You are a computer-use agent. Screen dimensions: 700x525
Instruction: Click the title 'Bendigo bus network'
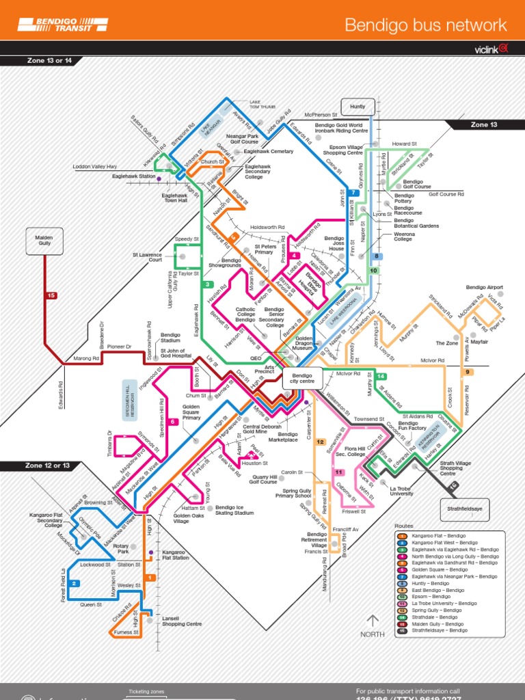426,26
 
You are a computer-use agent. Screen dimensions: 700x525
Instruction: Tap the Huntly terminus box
358,107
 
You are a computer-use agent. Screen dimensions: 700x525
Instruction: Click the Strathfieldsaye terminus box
466,509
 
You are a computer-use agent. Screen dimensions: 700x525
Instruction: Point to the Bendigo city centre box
301,379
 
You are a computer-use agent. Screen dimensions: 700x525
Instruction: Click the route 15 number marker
51,295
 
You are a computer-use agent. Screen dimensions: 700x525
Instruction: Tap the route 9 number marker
468,372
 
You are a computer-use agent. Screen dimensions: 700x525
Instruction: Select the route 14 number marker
381,377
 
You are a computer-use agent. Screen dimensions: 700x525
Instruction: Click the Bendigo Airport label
484,288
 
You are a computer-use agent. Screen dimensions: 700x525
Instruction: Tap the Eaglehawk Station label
133,176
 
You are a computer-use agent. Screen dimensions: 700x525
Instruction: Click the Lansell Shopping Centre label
181,621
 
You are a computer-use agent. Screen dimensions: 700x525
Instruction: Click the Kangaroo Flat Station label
175,554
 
